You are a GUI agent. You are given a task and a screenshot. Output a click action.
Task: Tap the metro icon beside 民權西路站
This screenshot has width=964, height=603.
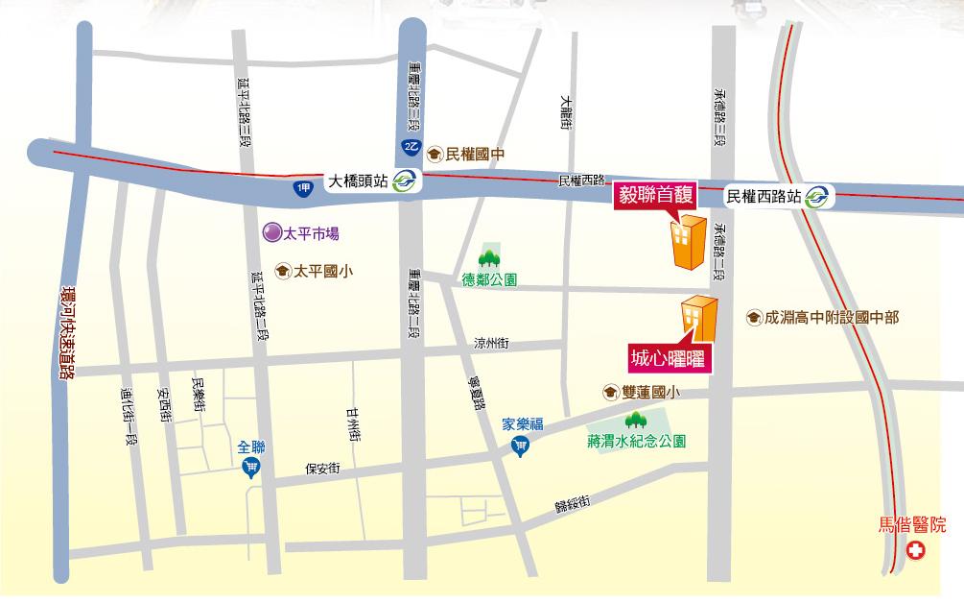(x=818, y=196)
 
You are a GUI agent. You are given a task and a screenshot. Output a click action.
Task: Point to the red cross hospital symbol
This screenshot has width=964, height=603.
(x=918, y=551)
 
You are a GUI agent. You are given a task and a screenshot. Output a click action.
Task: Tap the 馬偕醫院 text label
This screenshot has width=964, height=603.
(x=912, y=525)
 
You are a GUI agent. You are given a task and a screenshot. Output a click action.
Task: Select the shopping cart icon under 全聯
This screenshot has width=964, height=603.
(x=251, y=468)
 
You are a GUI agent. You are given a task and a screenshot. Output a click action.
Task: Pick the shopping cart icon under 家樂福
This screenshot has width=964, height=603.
(x=521, y=446)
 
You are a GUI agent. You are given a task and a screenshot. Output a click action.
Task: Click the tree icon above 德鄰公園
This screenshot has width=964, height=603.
(x=490, y=256)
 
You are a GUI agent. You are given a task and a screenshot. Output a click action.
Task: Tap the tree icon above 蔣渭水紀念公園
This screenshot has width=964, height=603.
(x=636, y=420)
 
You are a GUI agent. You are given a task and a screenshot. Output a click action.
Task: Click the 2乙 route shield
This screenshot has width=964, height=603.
(x=411, y=145)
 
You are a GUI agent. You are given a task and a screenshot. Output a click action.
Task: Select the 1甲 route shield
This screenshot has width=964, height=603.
(x=304, y=189)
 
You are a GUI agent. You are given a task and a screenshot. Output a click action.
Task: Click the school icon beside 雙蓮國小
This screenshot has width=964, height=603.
(x=610, y=392)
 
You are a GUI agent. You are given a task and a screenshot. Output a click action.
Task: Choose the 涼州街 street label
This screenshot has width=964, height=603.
(x=490, y=343)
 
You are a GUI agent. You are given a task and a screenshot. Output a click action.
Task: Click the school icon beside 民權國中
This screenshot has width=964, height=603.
(x=435, y=154)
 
